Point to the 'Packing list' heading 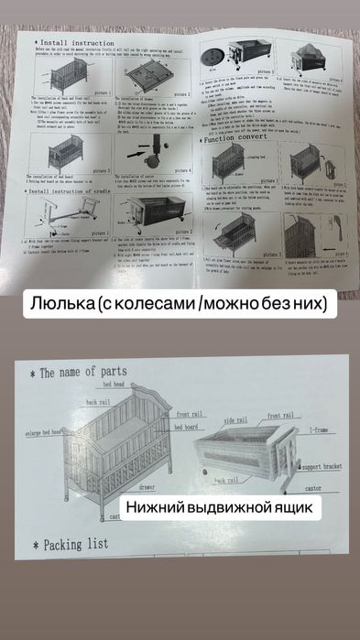64,543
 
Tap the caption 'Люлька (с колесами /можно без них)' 180,302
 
